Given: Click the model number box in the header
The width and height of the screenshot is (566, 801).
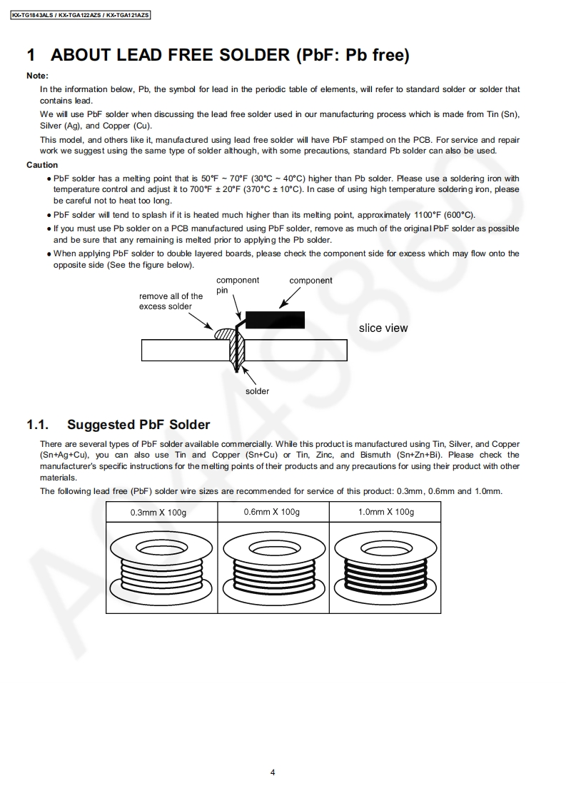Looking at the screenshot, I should point(81,14).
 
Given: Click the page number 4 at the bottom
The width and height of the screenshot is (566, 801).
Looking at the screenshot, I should point(273,772).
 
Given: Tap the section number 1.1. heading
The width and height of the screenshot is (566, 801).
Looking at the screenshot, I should point(37,425).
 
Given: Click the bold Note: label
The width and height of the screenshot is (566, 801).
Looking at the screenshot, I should point(37,76).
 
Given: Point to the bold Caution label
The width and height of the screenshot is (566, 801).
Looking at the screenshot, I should point(42,165).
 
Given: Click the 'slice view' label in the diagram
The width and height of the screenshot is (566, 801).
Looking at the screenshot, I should point(383,328).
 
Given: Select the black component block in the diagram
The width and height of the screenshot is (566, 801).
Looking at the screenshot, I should point(275,319).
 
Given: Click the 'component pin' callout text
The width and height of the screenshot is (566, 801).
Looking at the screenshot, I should point(237,285).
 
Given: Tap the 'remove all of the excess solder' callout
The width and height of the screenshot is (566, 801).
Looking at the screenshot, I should point(171,301).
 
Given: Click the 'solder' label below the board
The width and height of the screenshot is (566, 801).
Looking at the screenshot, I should point(258,391).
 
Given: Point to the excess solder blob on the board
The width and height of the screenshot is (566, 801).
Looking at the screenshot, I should point(223,333).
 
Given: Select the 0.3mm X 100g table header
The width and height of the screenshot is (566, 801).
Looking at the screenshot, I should point(158,513).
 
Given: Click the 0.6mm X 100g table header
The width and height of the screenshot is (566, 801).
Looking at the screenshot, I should point(271,512).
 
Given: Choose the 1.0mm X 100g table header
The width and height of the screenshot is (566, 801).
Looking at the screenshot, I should point(385,512).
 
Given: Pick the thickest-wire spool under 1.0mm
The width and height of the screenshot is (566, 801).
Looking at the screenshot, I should point(385,566).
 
